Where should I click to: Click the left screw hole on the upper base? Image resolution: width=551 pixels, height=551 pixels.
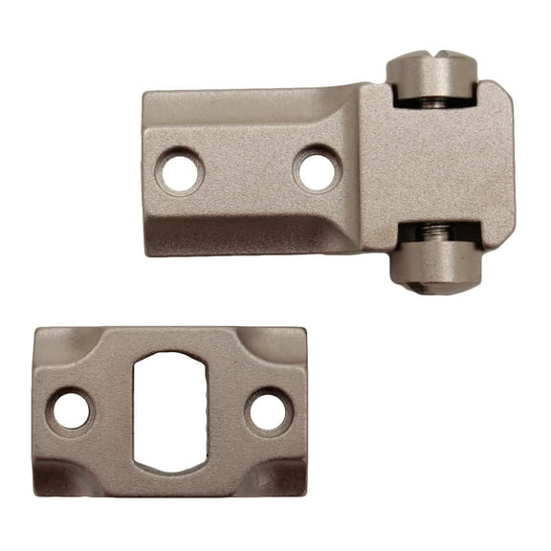pyautogui.click(x=180, y=172)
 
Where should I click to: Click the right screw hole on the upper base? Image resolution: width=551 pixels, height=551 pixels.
pyautogui.click(x=318, y=170)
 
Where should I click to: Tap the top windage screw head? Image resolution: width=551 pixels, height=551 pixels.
pyautogui.click(x=431, y=77)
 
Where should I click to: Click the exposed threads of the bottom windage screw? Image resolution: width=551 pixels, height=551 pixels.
pyautogui.click(x=436, y=231)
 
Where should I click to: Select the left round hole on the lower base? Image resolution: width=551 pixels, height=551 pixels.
pyautogui.click(x=71, y=410)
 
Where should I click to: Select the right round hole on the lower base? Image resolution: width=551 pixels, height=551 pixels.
pyautogui.click(x=268, y=411)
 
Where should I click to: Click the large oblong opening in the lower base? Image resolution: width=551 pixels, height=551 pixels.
pyautogui.click(x=169, y=411)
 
